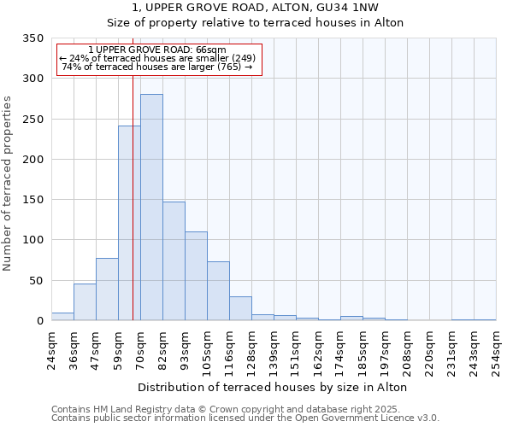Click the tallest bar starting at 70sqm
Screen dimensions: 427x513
click(x=151, y=208)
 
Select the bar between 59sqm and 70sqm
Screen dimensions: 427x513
click(x=129, y=224)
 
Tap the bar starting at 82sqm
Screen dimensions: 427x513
click(x=174, y=261)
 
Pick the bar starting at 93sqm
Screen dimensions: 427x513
click(x=196, y=276)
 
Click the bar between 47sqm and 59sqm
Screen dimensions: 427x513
click(x=107, y=290)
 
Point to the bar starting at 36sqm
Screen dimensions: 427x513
click(x=85, y=302)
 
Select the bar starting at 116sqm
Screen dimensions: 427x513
click(x=240, y=308)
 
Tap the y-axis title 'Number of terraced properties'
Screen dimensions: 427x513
click(x=8, y=184)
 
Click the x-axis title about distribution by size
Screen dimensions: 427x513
click(x=272, y=387)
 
